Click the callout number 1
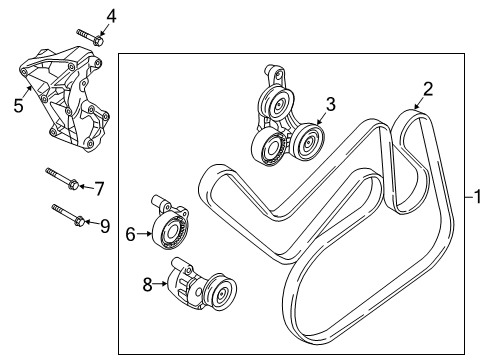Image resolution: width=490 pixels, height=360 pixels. pyautogui.click(x=478, y=197)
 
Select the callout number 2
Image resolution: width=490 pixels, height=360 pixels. pyautogui.click(x=427, y=90)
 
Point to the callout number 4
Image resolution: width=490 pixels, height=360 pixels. pyautogui.click(x=111, y=15)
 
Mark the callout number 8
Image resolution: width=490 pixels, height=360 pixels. pyautogui.click(x=148, y=285)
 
